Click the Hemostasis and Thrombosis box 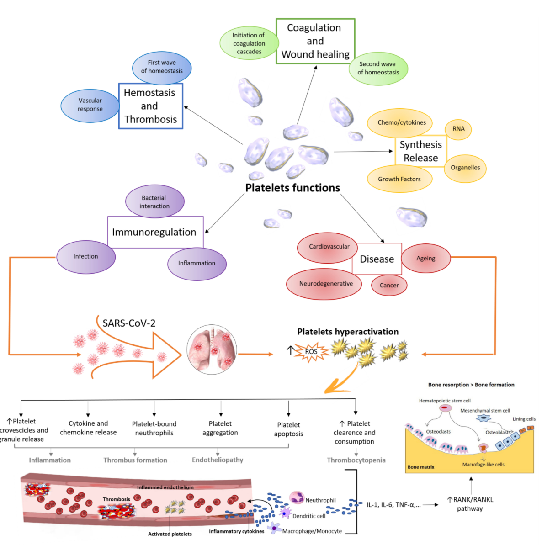click(150, 106)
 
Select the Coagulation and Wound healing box click(315, 41)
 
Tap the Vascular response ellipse click(90, 105)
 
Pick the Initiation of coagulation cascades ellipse click(249, 43)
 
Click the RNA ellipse click(458, 129)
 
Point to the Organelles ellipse click(465, 168)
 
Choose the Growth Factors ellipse click(399, 179)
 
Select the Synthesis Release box click(420, 151)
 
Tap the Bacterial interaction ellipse click(154, 202)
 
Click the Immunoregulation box click(154, 232)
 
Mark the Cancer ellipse click(389, 285)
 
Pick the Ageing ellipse click(425, 258)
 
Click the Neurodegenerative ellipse click(325, 284)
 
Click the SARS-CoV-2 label click(129, 323)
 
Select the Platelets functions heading click(292, 188)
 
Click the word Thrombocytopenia click(356, 460)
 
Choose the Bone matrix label click(421, 467)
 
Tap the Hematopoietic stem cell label click(444, 401)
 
